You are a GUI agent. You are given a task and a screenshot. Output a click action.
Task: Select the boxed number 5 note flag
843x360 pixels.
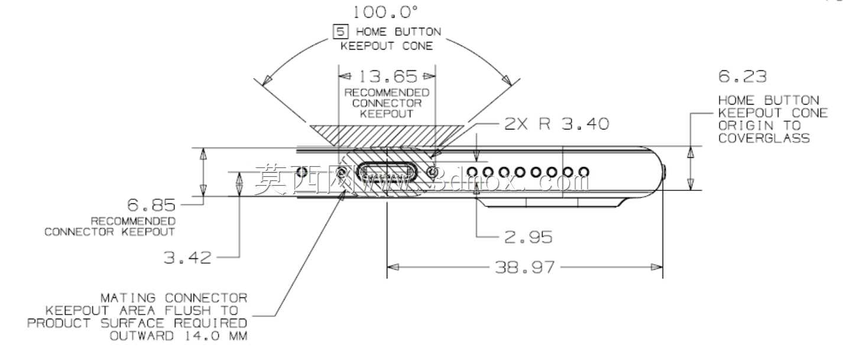point(341,31)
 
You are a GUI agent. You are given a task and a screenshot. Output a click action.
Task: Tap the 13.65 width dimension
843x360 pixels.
point(388,76)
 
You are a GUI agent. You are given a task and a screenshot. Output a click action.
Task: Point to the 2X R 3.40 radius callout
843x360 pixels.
point(556,124)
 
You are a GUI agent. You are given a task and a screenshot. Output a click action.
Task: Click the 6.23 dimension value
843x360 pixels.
point(742,76)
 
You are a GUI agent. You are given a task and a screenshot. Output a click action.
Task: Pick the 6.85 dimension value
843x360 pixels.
point(151,205)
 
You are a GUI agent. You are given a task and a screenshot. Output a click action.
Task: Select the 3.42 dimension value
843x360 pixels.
point(187,258)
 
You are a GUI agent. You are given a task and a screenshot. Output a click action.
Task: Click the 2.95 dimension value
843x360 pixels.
point(528,237)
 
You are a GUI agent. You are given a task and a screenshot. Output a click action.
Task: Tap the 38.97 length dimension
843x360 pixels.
point(524,267)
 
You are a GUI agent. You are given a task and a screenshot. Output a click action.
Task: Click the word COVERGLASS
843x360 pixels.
point(764,138)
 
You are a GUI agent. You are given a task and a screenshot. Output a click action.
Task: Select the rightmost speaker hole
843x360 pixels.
point(583,172)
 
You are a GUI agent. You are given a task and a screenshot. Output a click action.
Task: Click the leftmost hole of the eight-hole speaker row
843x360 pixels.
point(472,172)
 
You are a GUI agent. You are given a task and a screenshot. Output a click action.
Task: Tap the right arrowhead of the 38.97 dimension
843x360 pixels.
point(657,267)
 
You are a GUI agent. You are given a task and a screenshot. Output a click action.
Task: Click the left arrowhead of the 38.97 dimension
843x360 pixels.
point(393,267)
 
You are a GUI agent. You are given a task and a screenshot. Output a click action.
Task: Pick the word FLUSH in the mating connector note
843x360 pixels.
point(188,310)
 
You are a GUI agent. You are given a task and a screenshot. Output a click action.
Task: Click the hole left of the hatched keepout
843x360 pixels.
point(302,172)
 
